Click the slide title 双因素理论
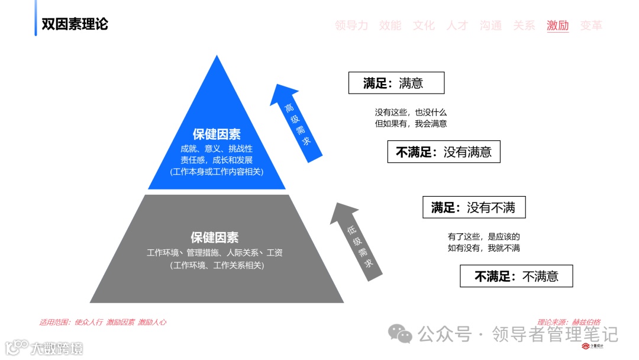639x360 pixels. pyautogui.click(x=75, y=25)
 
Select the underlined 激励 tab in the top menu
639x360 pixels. pyautogui.click(x=557, y=25)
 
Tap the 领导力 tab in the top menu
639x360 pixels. pyautogui.click(x=351, y=25)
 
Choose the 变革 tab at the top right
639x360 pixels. pyautogui.click(x=591, y=25)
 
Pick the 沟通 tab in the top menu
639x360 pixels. pyautogui.click(x=490, y=25)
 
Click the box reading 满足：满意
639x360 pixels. pyautogui.click(x=396, y=83)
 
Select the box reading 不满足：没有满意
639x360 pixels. pyautogui.click(x=444, y=152)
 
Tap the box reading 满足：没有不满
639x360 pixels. pyautogui.click(x=473, y=207)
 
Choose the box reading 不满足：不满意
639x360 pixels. pyautogui.click(x=516, y=276)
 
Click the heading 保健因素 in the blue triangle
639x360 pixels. pyautogui.click(x=217, y=134)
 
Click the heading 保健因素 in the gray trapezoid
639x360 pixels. pyautogui.click(x=214, y=237)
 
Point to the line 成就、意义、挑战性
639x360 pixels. pyautogui.click(x=217, y=149)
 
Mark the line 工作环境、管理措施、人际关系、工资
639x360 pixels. pyautogui.click(x=215, y=253)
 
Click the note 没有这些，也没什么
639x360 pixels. pyautogui.click(x=410, y=112)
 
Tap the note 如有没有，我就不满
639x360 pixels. pyautogui.click(x=483, y=248)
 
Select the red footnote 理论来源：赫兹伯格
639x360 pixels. pyautogui.click(x=569, y=322)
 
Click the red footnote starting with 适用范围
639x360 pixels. pyautogui.click(x=102, y=322)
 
